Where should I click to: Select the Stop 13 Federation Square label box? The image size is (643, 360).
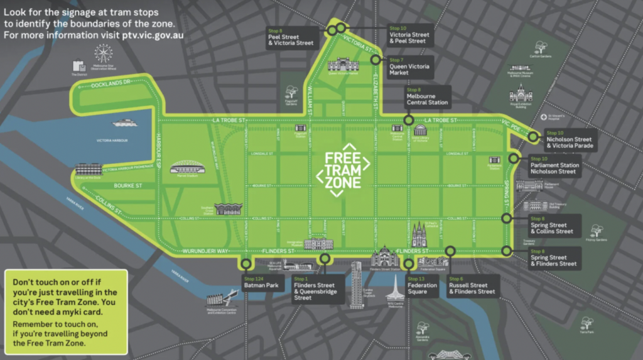422,286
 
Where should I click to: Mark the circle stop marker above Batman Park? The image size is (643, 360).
246,265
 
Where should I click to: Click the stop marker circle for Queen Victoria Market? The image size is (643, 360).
376,60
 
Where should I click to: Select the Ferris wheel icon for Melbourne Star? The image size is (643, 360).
103,53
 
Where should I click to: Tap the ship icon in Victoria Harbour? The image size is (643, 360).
124,123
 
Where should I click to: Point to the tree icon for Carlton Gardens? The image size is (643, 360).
540,46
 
